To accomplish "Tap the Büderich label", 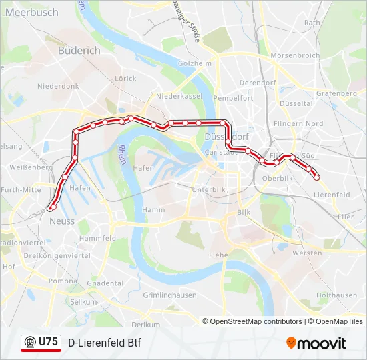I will point(79,50).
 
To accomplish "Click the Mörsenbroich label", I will point(294,55).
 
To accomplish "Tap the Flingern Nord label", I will point(298,123).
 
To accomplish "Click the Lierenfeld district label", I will point(332,195).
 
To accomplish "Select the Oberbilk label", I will point(278,179).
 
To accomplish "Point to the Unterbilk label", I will point(208,189).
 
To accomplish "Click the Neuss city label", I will point(61,221).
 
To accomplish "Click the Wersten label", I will point(307,253).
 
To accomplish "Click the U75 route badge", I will point(41,343).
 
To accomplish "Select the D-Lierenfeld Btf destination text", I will point(105,343).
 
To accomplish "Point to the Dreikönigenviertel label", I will point(56,255).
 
